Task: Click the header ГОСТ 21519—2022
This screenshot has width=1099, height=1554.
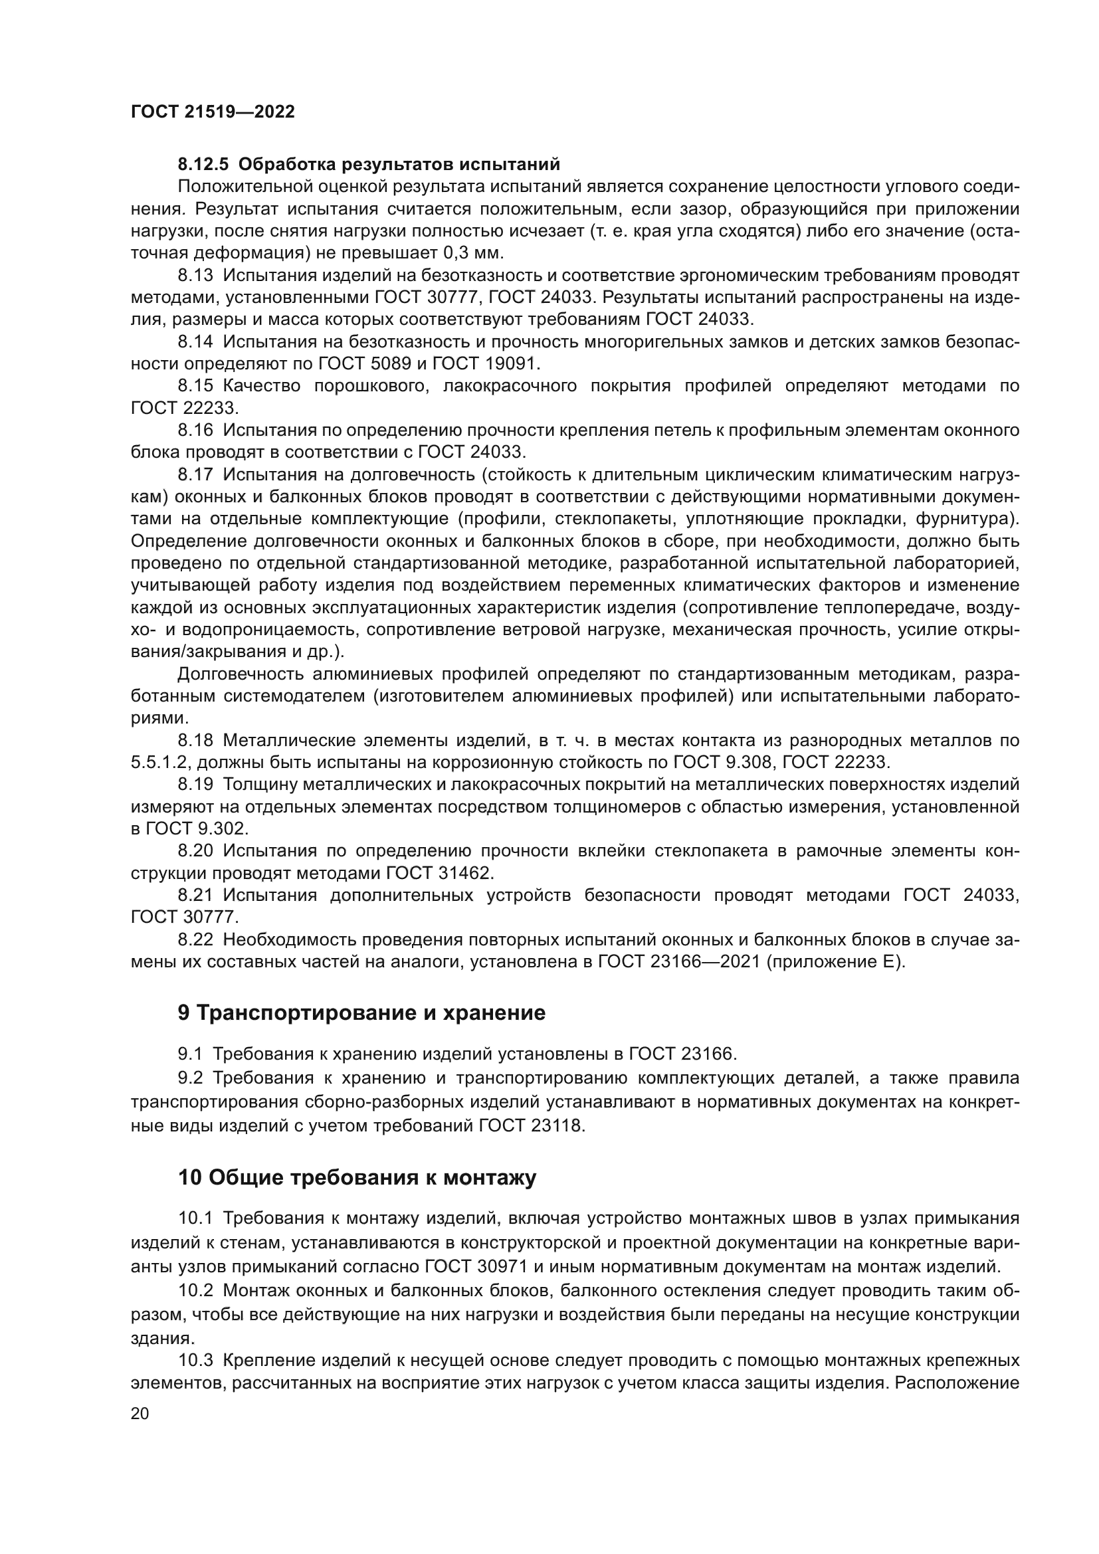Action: tap(213, 112)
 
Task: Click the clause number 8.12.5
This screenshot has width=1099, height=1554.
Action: tap(205, 165)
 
